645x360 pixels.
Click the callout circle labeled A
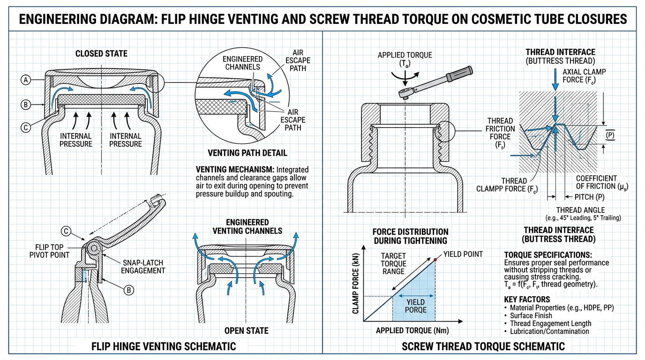25,80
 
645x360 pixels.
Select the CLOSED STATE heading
101,53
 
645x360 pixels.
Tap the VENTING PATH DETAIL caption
247,153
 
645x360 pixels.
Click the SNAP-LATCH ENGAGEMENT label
143,266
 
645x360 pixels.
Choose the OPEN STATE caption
246,330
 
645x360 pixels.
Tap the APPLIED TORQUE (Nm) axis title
412,330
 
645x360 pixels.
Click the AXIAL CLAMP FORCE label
584,75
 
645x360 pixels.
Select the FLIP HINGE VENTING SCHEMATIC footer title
164,346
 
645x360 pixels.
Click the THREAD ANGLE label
580,210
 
